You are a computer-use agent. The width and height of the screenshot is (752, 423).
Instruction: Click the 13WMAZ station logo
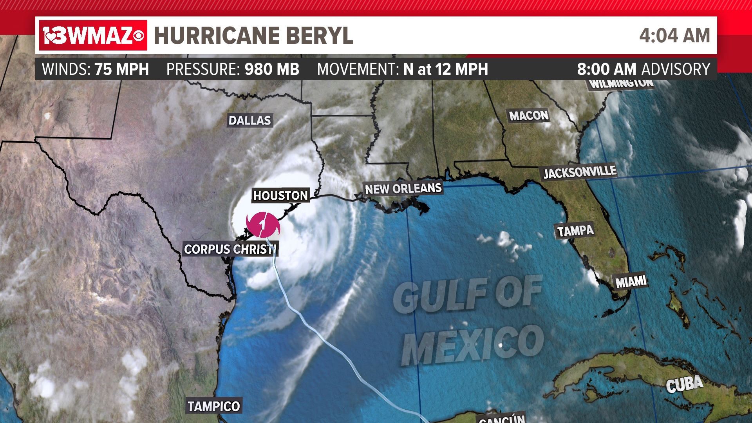click(x=93, y=35)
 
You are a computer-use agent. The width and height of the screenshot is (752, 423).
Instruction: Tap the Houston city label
click(x=280, y=195)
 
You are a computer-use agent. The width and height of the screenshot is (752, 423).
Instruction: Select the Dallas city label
click(x=249, y=120)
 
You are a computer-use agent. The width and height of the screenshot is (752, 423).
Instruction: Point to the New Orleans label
click(x=403, y=189)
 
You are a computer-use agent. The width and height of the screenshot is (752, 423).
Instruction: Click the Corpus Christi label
click(x=230, y=249)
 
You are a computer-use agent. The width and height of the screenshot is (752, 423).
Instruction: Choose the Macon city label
click(x=529, y=116)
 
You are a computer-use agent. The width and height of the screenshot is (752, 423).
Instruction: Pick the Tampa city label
click(x=575, y=231)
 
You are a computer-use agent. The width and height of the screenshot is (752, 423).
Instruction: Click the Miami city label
click(x=631, y=282)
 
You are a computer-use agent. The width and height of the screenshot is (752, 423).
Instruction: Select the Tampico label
click(x=213, y=406)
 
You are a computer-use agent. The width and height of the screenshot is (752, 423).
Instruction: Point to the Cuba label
click(x=684, y=384)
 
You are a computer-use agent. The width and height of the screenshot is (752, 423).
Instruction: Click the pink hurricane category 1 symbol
click(x=263, y=225)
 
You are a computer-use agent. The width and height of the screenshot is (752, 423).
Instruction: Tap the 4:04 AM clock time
click(x=674, y=36)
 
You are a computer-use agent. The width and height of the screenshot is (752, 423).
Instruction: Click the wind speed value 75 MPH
click(x=121, y=69)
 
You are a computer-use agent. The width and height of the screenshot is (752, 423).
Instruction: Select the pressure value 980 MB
click(x=272, y=69)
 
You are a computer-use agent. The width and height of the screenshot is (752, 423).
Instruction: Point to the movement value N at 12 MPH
click(x=446, y=69)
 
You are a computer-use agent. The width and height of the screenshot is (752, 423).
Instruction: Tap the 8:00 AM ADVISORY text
click(x=643, y=69)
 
